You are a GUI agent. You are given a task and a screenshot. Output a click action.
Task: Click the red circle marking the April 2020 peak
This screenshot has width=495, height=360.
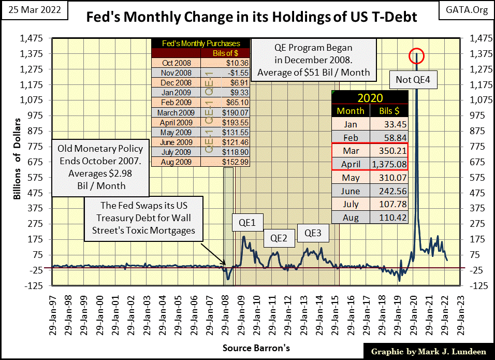click(x=416, y=55)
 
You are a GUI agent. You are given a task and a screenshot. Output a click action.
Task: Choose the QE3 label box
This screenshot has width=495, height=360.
click(x=312, y=233)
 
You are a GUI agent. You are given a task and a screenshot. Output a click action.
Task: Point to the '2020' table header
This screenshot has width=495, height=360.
click(x=370, y=97)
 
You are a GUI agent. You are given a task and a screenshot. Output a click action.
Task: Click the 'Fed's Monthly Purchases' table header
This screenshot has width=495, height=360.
click(x=201, y=43)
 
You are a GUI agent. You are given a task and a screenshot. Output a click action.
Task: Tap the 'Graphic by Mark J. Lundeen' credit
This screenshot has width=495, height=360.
click(x=428, y=352)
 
